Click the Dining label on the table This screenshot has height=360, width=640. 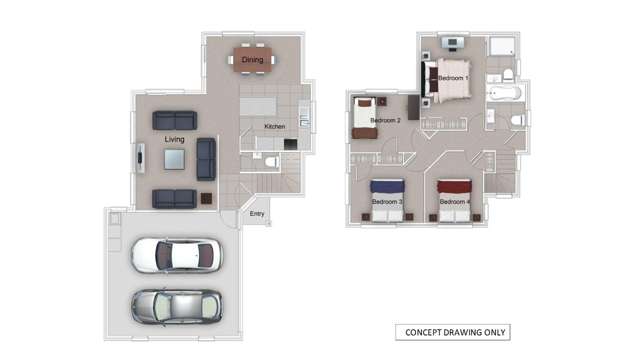(252, 60)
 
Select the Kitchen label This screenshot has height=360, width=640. (274, 127)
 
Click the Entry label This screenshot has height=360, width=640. (257, 214)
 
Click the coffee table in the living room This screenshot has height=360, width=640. (175, 158)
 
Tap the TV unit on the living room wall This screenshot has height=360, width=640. (141, 158)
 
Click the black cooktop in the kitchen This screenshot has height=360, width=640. (290, 145)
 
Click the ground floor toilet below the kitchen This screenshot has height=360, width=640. (269, 161)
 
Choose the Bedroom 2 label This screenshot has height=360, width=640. (385, 121)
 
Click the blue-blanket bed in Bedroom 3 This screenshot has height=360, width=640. (386, 200)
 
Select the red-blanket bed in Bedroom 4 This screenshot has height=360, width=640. (454, 200)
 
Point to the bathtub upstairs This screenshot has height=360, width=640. (505, 93)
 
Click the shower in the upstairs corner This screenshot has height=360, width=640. (501, 47)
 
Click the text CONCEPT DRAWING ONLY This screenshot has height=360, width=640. (455, 332)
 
